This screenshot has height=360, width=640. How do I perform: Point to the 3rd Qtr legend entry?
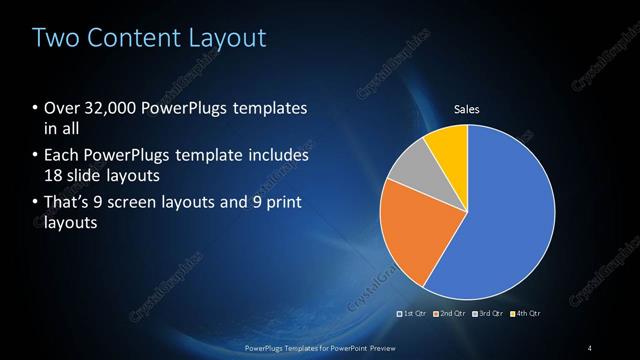[x=489, y=313]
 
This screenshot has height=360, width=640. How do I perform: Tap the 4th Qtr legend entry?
[x=526, y=313]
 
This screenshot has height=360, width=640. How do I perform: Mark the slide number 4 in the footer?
[x=590, y=347]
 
